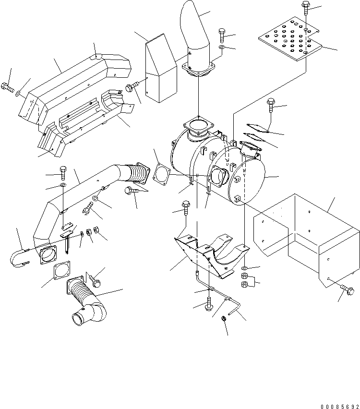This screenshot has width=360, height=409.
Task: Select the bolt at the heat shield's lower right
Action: (x=348, y=290)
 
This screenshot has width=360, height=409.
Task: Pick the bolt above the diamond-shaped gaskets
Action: (x=270, y=104)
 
